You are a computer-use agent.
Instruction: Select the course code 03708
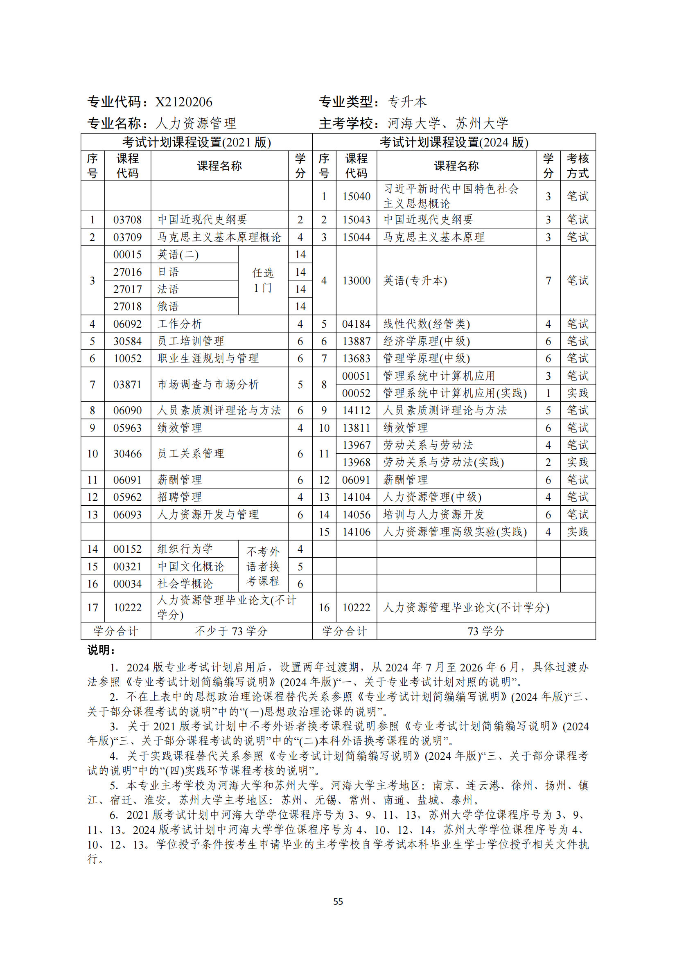(x=127, y=220)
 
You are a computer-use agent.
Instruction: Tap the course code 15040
(x=356, y=196)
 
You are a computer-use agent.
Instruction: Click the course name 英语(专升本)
(x=415, y=281)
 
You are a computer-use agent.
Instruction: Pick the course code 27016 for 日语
(x=127, y=272)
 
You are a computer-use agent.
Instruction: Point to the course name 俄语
(x=168, y=307)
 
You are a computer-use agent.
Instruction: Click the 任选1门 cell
(x=263, y=281)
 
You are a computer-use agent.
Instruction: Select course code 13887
(x=356, y=341)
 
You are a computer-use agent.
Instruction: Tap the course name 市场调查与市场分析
(x=208, y=384)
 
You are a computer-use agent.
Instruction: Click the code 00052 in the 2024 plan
(x=356, y=393)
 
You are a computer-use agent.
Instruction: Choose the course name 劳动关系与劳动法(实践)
(x=444, y=462)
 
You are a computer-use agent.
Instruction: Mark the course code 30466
(x=127, y=454)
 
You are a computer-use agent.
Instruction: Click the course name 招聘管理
(x=179, y=497)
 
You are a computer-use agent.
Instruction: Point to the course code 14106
(x=356, y=532)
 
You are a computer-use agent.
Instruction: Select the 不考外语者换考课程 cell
(x=263, y=566)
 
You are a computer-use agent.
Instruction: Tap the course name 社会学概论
(x=185, y=584)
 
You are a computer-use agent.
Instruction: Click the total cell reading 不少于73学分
(x=231, y=631)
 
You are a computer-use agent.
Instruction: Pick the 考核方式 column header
(x=578, y=166)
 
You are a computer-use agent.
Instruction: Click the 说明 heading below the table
(x=101, y=650)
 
